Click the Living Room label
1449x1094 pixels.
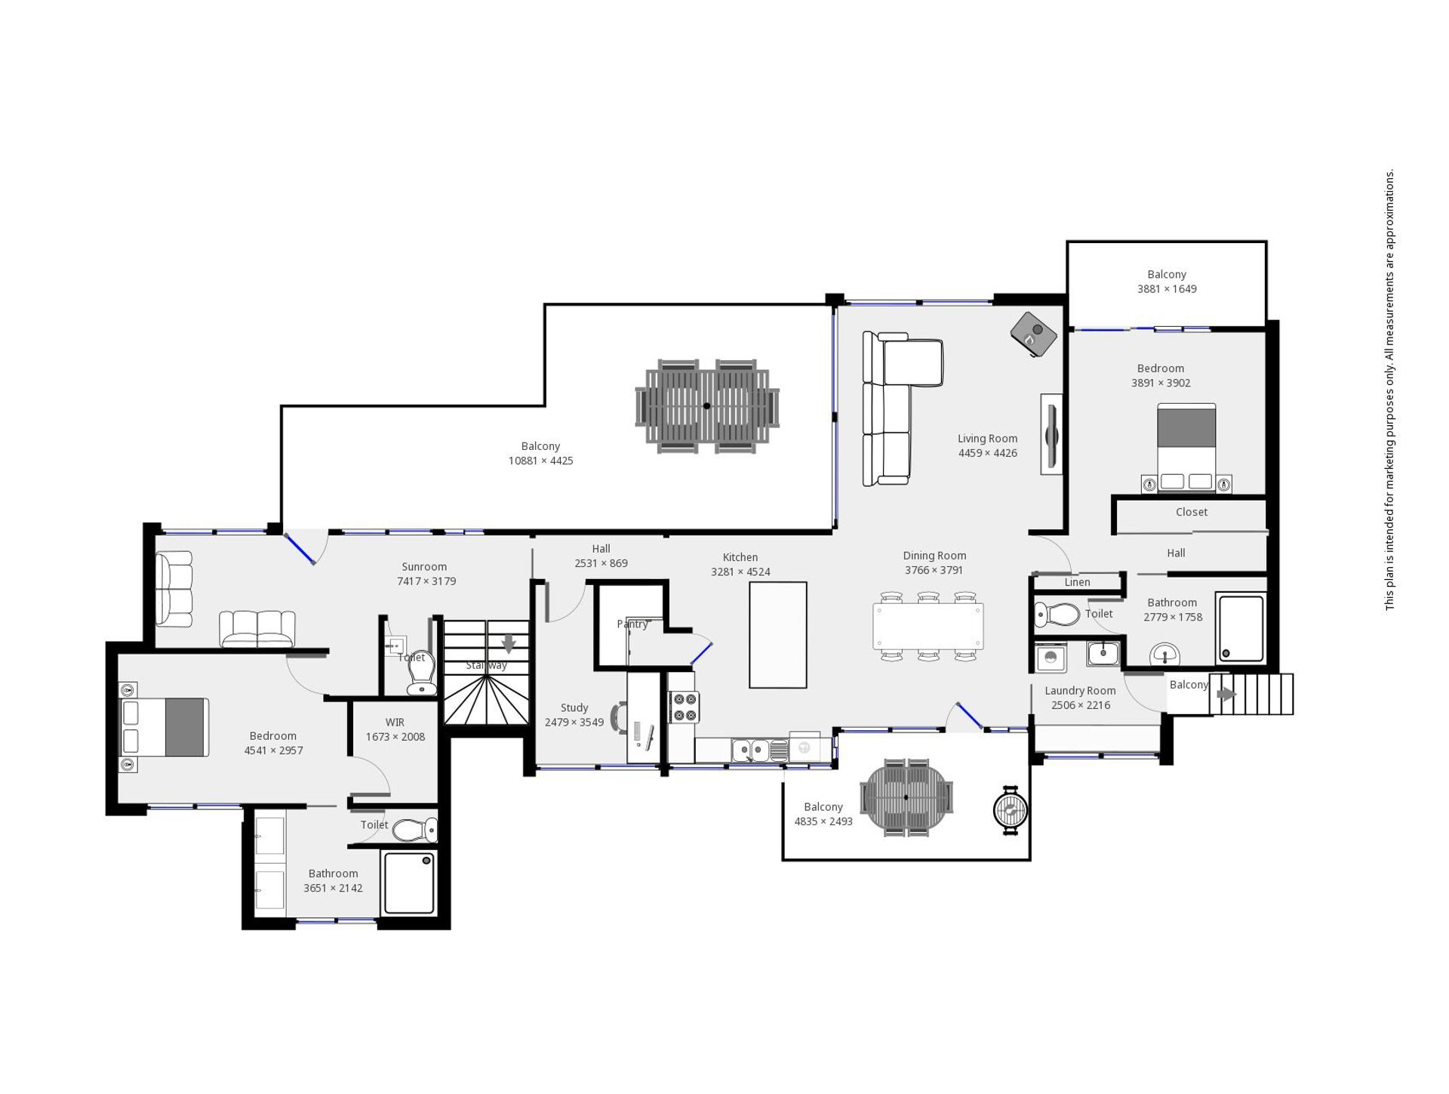(x=987, y=439)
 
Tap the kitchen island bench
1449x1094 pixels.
(x=777, y=635)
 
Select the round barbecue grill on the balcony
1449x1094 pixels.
(x=1011, y=810)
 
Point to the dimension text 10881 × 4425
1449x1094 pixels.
(x=540, y=461)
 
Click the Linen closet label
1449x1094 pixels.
(x=1077, y=582)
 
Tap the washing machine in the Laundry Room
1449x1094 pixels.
(x=1051, y=658)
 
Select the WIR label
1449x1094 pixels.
(x=395, y=723)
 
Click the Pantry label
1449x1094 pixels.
(x=632, y=624)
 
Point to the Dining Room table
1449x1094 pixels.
(x=928, y=626)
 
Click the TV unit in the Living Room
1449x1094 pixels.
(x=1051, y=434)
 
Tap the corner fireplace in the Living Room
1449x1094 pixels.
(x=1034, y=334)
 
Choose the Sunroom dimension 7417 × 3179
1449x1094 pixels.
(x=426, y=581)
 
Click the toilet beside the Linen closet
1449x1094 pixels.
(x=1057, y=615)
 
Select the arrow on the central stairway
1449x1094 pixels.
(x=509, y=643)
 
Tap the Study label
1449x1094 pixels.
(x=574, y=707)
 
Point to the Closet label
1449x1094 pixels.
(x=1192, y=512)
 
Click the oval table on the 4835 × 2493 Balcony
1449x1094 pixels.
(x=906, y=797)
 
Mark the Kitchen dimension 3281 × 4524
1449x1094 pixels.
(x=740, y=572)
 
